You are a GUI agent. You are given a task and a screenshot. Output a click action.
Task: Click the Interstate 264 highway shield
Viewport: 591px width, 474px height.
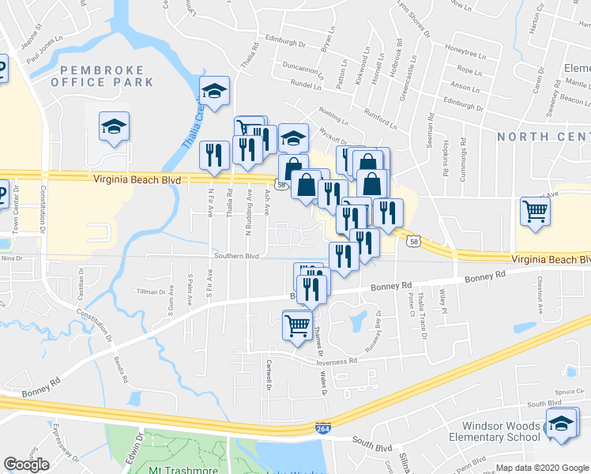[x=322, y=427]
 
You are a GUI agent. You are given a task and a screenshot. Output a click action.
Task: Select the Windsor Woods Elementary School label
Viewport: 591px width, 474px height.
[x=501, y=431]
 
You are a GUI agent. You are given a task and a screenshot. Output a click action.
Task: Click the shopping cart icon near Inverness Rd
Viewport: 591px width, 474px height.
[x=297, y=324]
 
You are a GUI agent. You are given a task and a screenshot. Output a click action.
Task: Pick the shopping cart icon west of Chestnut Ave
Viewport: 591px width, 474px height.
[x=535, y=211]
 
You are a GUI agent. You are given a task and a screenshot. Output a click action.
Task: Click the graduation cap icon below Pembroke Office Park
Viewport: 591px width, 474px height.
[x=114, y=126]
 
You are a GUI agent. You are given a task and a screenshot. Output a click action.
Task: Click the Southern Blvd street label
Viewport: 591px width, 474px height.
[x=236, y=256]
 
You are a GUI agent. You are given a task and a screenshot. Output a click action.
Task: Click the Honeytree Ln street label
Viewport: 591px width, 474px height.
[x=462, y=48]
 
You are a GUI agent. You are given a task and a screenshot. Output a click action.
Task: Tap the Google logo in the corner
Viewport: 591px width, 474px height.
[x=27, y=465]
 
